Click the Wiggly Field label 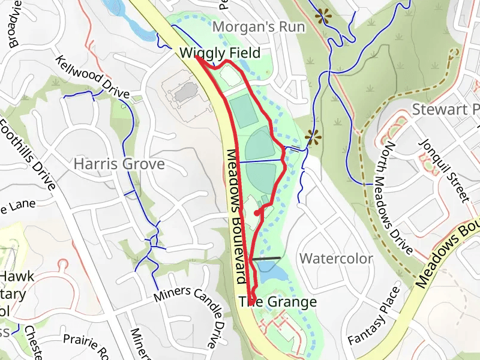point(220,53)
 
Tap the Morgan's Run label point(259,27)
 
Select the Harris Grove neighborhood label point(119,163)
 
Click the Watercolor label point(336,259)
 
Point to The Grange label point(278,302)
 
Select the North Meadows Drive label point(394,198)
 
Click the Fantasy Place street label point(373,316)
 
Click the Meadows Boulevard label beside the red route point(237,216)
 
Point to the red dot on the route point(257,212)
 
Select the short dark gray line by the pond point(266,259)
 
